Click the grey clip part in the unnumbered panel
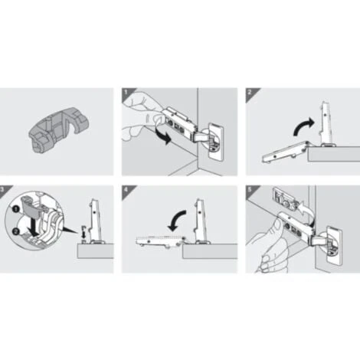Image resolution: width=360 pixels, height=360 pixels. pos(59,129)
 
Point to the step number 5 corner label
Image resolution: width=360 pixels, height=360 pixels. pos(250,190)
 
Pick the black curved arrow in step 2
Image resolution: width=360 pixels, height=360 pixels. pos(303,126)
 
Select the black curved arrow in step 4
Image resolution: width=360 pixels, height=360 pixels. pos(176,220)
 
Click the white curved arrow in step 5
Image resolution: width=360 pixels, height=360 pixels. pos(306,211)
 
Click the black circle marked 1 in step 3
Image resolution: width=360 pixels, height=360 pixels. pos(16,209)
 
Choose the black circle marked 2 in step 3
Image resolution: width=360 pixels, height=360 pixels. pos(16,231)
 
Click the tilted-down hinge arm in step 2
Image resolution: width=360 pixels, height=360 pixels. pos(285,152)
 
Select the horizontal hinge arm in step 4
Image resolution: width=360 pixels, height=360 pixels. pos(159,241)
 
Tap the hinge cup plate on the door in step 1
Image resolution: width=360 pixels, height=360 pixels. pos(217,141)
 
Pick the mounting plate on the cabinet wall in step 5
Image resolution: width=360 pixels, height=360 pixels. pos(285,199)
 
